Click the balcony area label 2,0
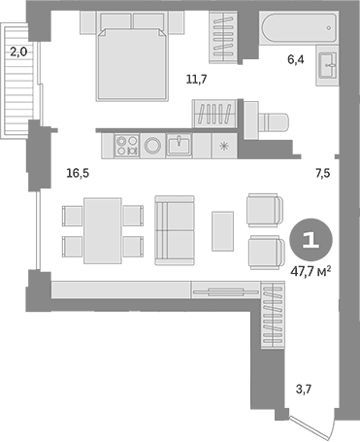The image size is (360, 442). [x=18, y=51]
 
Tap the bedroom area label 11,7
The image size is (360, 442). [x=196, y=79]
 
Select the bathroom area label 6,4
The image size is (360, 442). [x=296, y=59]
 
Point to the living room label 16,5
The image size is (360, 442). [x=78, y=173]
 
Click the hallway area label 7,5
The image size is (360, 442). [x=322, y=173]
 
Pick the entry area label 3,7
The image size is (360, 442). [x=304, y=389]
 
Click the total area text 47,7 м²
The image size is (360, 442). [x=311, y=271]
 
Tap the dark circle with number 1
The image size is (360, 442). [x=311, y=240]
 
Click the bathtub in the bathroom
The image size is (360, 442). [x=299, y=28]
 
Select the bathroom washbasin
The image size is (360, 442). [x=328, y=65]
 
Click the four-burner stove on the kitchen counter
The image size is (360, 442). [x=127, y=146]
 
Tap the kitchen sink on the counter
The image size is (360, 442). [x=179, y=146]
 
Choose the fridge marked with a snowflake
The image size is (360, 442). [x=224, y=146]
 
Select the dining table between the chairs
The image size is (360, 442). [x=103, y=230]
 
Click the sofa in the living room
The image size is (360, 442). [x=175, y=230]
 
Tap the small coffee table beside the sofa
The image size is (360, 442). [x=223, y=231]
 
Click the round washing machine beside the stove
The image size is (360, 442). [x=152, y=146]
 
